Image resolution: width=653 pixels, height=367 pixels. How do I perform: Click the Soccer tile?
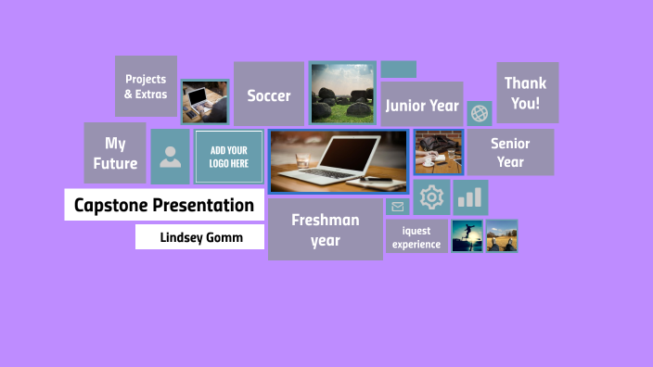(268, 95)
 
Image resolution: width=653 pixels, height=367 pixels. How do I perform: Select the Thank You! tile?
(527, 93)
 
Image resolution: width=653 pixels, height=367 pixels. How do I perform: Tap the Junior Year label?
(422, 106)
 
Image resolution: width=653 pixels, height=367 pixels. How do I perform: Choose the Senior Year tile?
(509, 152)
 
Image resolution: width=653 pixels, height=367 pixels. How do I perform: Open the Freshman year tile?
(325, 230)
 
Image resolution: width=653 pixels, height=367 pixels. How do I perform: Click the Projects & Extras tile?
(146, 86)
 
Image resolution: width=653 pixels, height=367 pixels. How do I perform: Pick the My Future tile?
(115, 153)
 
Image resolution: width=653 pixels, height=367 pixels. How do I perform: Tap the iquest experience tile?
(416, 237)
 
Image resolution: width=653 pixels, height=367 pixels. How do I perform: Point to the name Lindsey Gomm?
(200, 237)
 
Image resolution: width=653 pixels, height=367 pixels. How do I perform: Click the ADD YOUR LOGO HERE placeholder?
(228, 157)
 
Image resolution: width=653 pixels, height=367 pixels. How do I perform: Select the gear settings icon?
(431, 197)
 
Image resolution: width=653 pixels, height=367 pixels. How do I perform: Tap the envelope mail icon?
(398, 207)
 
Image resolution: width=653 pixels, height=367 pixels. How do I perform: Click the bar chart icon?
(470, 197)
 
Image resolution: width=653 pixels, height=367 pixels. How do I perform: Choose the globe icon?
(480, 113)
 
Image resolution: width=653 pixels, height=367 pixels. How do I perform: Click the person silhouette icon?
(170, 157)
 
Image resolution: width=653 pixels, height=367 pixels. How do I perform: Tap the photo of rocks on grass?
(342, 94)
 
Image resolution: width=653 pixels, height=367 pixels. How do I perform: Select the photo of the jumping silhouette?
(467, 236)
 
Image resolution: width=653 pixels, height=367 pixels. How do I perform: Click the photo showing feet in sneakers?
(502, 236)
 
